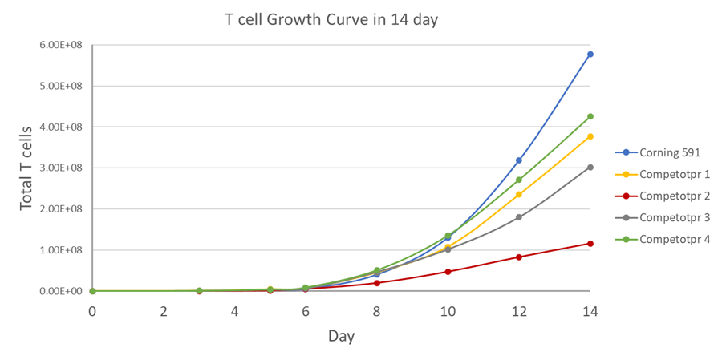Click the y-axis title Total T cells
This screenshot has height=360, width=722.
[x=26, y=168]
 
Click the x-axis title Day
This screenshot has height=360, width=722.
[x=341, y=336]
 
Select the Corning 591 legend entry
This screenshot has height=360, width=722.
[x=662, y=152]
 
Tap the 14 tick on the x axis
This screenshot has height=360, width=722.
[x=590, y=311]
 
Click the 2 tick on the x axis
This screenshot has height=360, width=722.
[x=164, y=311]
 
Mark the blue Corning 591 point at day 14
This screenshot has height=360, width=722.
[x=590, y=55]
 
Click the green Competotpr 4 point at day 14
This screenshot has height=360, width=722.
[x=590, y=116]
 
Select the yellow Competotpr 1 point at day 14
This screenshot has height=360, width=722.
[x=590, y=136]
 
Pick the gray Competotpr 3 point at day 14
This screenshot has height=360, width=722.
[x=590, y=168]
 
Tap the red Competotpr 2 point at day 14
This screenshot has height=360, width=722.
[x=590, y=244]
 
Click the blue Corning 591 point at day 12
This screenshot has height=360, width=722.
[x=519, y=160]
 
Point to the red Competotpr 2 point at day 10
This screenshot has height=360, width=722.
[x=448, y=272]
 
